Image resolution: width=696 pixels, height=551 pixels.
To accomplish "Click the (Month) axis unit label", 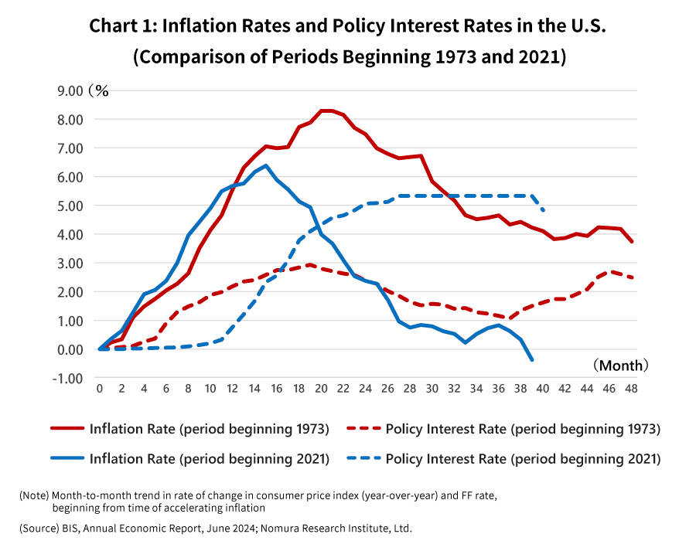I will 621,365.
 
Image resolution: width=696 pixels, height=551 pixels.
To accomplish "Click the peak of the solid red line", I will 326,111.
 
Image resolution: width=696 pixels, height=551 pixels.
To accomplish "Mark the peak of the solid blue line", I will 266,165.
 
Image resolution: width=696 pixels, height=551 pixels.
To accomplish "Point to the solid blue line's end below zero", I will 532,359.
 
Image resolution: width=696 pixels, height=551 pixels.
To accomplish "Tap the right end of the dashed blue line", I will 544,210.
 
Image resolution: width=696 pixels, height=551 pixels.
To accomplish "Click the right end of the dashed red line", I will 633,278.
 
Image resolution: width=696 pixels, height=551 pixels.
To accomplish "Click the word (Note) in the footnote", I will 34,495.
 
